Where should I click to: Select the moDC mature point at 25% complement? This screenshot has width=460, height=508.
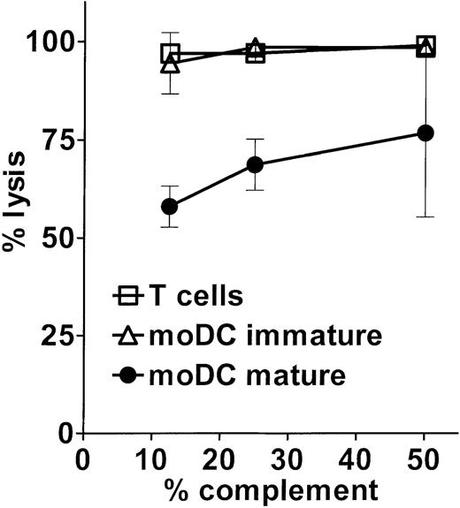coord(255,165)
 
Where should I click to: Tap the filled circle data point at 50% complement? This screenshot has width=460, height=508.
coord(425,133)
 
